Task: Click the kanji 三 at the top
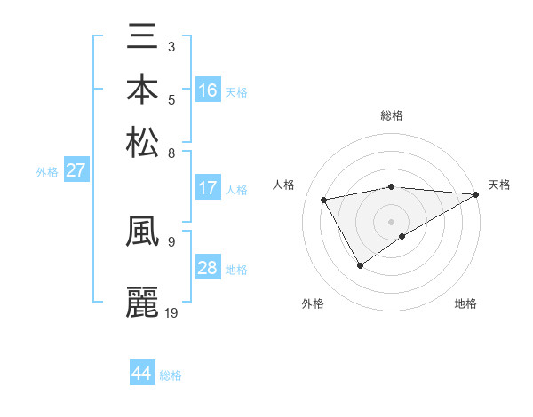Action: click(x=143, y=40)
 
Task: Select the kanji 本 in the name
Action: click(x=143, y=90)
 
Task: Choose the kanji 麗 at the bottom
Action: click(x=143, y=303)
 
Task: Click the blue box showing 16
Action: click(x=207, y=90)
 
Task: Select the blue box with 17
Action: click(x=207, y=188)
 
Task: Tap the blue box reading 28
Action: click(x=207, y=268)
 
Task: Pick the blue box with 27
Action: click(x=76, y=170)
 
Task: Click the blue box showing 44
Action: click(x=141, y=374)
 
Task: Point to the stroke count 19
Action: click(x=171, y=312)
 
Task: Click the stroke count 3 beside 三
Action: click(x=171, y=45)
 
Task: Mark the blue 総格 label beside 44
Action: click(x=171, y=375)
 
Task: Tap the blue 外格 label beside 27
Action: click(x=47, y=172)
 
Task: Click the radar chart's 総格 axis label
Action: click(x=392, y=115)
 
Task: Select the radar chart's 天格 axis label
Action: click(x=499, y=185)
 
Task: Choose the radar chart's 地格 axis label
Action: click(x=465, y=303)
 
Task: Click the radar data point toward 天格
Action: click(x=477, y=194)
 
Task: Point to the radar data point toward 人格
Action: click(x=324, y=200)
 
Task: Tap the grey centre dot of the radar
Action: click(x=392, y=221)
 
